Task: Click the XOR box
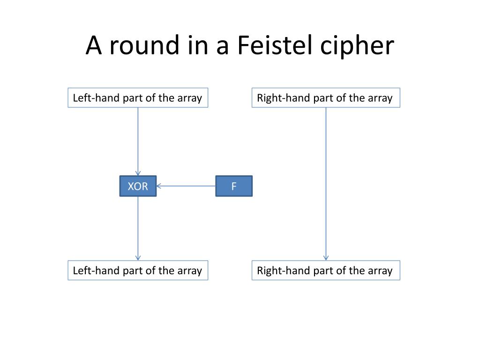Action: (138, 186)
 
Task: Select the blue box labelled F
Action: (234, 186)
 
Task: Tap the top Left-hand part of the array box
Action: (138, 97)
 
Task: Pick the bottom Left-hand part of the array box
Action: (138, 270)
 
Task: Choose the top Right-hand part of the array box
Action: (326, 97)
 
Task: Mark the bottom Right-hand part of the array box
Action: (326, 270)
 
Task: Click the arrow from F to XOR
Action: (186, 186)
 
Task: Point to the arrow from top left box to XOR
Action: (138, 142)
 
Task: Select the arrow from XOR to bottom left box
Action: (138, 228)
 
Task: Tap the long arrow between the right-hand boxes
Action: (326, 184)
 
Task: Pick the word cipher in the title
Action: (357, 46)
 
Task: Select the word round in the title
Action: (144, 45)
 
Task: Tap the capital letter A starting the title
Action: (93, 45)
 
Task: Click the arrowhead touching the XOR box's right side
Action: (159, 186)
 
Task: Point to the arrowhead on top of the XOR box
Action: (138, 173)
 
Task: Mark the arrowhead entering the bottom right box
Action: (326, 258)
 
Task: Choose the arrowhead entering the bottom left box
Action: (138, 258)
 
